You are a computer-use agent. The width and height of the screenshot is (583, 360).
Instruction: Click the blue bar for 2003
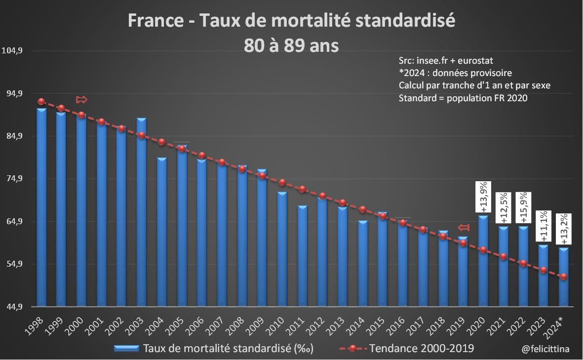(x=141, y=212)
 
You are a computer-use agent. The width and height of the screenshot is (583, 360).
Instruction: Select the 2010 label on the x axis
(x=277, y=322)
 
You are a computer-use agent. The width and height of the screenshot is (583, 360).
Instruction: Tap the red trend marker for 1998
(x=41, y=102)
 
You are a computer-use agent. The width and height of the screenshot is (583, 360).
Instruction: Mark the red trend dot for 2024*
(x=564, y=277)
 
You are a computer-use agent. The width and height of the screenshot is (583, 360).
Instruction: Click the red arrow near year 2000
(x=81, y=100)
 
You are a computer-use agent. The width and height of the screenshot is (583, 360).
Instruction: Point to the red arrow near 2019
(x=463, y=227)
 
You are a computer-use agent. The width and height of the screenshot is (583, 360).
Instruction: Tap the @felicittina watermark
(x=545, y=349)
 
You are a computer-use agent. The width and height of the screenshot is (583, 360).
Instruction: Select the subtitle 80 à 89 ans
(x=291, y=45)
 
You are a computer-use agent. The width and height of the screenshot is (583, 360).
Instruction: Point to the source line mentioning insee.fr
(x=446, y=60)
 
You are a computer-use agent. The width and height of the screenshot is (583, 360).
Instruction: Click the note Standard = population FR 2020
(x=463, y=98)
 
